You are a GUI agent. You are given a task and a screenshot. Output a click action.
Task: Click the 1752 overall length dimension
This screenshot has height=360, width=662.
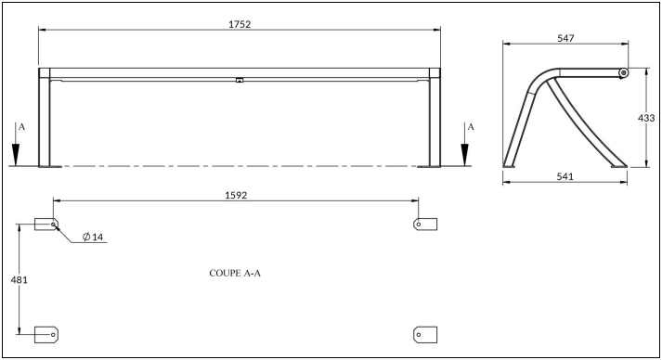point(240,24)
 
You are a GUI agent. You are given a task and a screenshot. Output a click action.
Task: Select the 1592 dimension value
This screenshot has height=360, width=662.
point(236,196)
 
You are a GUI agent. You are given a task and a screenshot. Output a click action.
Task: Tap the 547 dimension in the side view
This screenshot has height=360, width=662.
point(565,38)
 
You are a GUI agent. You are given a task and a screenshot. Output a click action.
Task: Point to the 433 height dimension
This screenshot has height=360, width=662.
point(646,119)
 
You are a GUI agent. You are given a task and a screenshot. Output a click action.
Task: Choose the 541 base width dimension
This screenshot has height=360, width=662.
point(565,176)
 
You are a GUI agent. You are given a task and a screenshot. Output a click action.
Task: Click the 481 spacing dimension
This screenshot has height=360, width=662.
point(19,280)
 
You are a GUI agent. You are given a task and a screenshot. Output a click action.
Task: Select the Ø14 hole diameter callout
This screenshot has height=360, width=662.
point(93,237)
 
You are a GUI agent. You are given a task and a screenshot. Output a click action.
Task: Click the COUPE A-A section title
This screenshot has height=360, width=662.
point(235,273)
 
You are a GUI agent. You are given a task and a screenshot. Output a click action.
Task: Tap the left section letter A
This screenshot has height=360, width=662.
point(22,126)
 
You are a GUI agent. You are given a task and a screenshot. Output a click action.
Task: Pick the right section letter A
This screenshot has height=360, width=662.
point(471,126)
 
